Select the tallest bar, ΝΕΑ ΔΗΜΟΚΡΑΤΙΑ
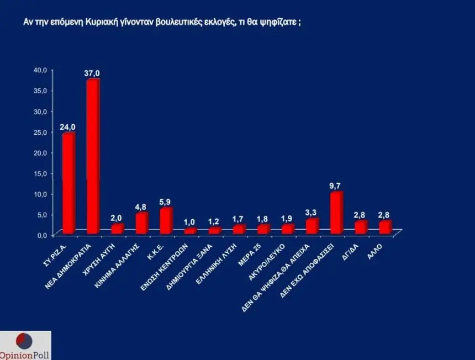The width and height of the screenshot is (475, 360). coord(93,157)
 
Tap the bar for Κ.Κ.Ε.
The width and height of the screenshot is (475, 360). coord(166,221)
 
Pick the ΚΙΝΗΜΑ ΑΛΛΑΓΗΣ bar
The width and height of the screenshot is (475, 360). coord(141,223)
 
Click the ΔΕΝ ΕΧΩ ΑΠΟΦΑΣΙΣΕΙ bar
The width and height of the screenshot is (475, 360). coord(336,213)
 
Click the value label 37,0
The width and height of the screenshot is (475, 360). coord(92,73)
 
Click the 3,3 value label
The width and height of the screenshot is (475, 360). coord(312,213)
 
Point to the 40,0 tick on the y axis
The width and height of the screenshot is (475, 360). coord(41,70)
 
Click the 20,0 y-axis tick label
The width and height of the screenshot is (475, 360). coord(41,152)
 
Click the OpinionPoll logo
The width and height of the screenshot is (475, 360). coord(25,346)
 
